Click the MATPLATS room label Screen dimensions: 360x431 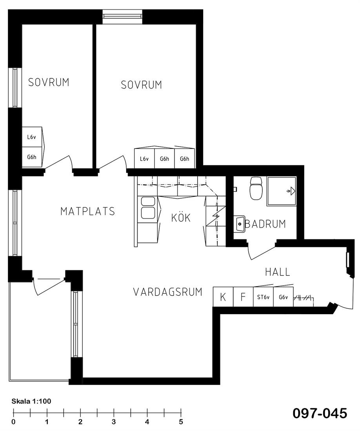click(87, 211)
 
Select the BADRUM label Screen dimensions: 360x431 click(265, 224)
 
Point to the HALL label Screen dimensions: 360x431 click(278, 272)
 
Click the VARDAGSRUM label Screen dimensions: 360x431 click(168, 292)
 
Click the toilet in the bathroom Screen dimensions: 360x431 click(256, 188)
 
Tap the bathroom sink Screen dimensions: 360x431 click(240, 224)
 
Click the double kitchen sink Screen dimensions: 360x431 click(148, 208)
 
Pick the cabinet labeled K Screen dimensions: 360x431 click(223, 297)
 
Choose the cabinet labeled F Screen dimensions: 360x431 click(243, 297)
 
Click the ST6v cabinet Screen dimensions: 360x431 click(263, 297)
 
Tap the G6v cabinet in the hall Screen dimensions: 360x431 click(283, 297)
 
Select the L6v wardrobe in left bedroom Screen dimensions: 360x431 click(32, 137)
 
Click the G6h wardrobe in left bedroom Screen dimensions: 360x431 click(32, 157)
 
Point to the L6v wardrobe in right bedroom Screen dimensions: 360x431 click(144, 159)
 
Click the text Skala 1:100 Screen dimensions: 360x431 click(31, 401)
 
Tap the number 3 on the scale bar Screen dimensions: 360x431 click(114, 422)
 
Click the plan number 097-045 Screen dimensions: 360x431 click(320, 413)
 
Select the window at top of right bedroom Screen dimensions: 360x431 click(123, 17)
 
